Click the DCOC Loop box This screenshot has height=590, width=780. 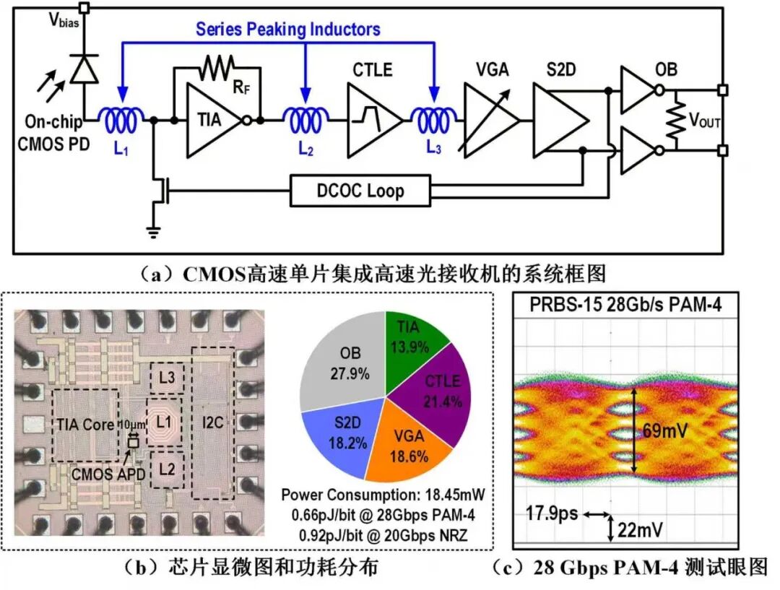(360, 191)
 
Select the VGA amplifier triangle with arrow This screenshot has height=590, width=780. (488, 120)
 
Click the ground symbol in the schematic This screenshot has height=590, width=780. (153, 232)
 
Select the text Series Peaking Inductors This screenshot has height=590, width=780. (287, 30)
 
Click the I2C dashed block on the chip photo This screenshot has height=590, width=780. (212, 422)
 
